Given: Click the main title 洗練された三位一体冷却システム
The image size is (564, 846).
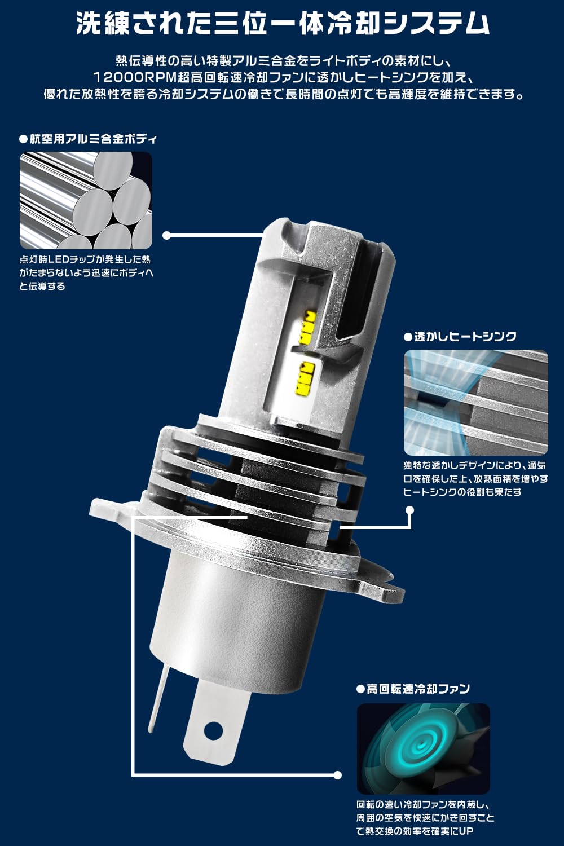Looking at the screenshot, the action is click(283, 24).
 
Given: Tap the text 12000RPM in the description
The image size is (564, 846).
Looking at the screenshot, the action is click(135, 78).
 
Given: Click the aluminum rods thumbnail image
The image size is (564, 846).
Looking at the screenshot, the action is click(86, 200).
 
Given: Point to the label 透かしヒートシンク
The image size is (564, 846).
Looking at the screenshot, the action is click(460, 337).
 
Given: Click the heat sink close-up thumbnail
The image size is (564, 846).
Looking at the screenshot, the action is click(475, 403).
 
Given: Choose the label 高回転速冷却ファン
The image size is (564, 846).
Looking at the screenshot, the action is click(413, 689).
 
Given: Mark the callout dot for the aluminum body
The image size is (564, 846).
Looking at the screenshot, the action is click(166, 235).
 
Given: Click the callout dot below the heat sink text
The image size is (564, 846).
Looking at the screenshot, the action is click(409, 510).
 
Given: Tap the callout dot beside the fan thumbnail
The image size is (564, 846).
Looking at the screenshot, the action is click(337, 775).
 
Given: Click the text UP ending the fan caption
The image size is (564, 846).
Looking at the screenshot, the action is click(465, 831).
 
